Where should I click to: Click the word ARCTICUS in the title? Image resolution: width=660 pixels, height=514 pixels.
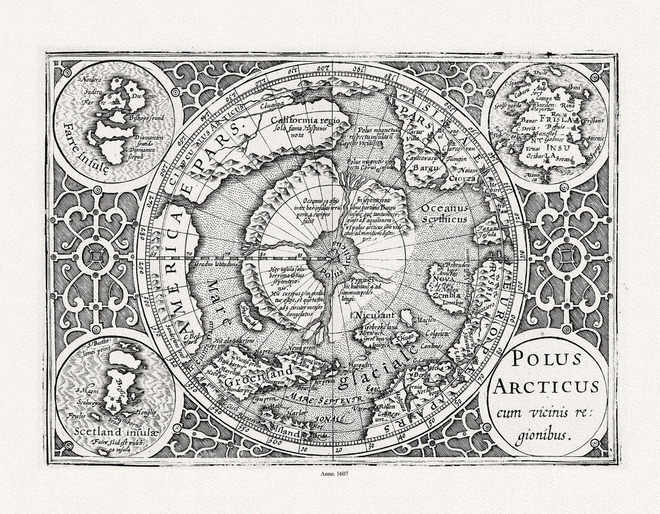coord(546,386)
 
